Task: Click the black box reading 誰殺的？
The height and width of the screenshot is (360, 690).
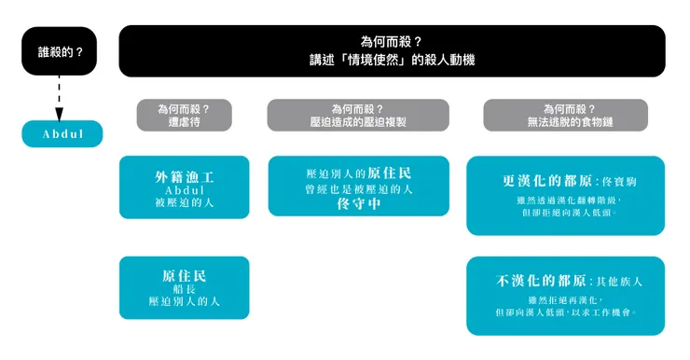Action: (x=61, y=52)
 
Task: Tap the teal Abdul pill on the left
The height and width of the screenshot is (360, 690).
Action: (x=62, y=134)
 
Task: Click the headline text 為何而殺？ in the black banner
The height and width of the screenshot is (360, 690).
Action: (x=392, y=42)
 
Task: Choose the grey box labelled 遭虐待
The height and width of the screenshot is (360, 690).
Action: (x=184, y=115)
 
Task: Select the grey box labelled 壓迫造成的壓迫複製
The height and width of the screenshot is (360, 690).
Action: (x=358, y=115)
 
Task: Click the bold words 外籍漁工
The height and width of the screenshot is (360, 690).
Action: (x=184, y=175)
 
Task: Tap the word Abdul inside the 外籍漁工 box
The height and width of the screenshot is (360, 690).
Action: (x=184, y=189)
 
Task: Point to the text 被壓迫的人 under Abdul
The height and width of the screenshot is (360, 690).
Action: (x=184, y=201)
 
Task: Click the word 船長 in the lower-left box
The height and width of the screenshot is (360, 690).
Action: (x=184, y=289)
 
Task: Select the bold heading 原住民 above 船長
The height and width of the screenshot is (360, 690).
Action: (x=184, y=275)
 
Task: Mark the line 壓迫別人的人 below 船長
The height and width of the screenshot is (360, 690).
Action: (x=184, y=302)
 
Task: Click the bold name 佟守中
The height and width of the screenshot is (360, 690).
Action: (x=359, y=204)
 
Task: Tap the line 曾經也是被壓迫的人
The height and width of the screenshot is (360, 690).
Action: (x=359, y=189)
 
